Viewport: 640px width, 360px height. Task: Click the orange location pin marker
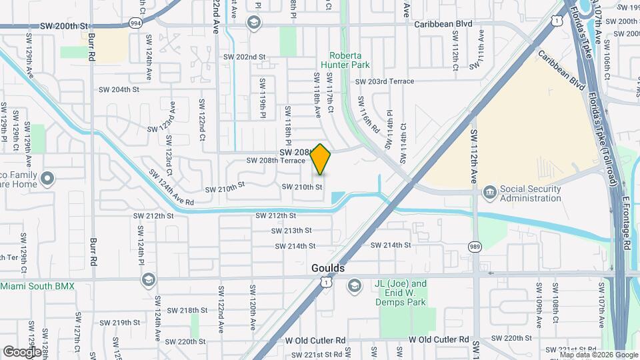(321, 159)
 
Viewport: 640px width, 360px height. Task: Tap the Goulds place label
(328, 268)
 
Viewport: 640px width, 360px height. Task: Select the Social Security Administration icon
(490, 193)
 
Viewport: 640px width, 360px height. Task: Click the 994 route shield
(136, 22)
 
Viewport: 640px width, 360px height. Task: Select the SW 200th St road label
(64, 25)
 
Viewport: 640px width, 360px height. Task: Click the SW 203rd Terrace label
(385, 81)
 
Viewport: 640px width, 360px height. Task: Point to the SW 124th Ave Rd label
(171, 187)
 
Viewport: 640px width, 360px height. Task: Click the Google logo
(22, 351)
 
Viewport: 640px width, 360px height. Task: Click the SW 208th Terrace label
(275, 161)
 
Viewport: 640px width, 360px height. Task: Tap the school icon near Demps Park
(353, 286)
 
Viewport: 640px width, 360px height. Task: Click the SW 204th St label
(119, 89)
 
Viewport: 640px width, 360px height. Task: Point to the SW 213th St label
(292, 231)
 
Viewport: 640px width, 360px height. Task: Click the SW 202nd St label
(245, 57)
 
